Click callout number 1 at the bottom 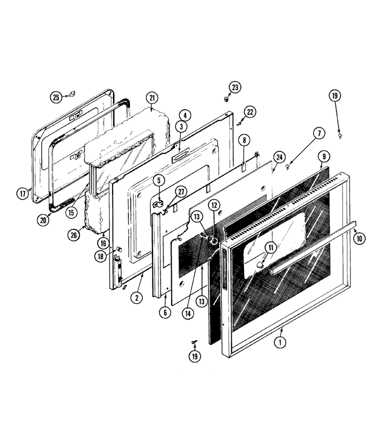(280, 342)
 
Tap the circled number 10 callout (360, 238)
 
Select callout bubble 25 (56, 97)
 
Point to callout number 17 (23, 193)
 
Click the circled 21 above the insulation (152, 98)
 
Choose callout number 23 (235, 88)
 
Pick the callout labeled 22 (250, 112)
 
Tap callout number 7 (319, 133)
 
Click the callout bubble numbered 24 (280, 157)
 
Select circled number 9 (324, 157)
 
